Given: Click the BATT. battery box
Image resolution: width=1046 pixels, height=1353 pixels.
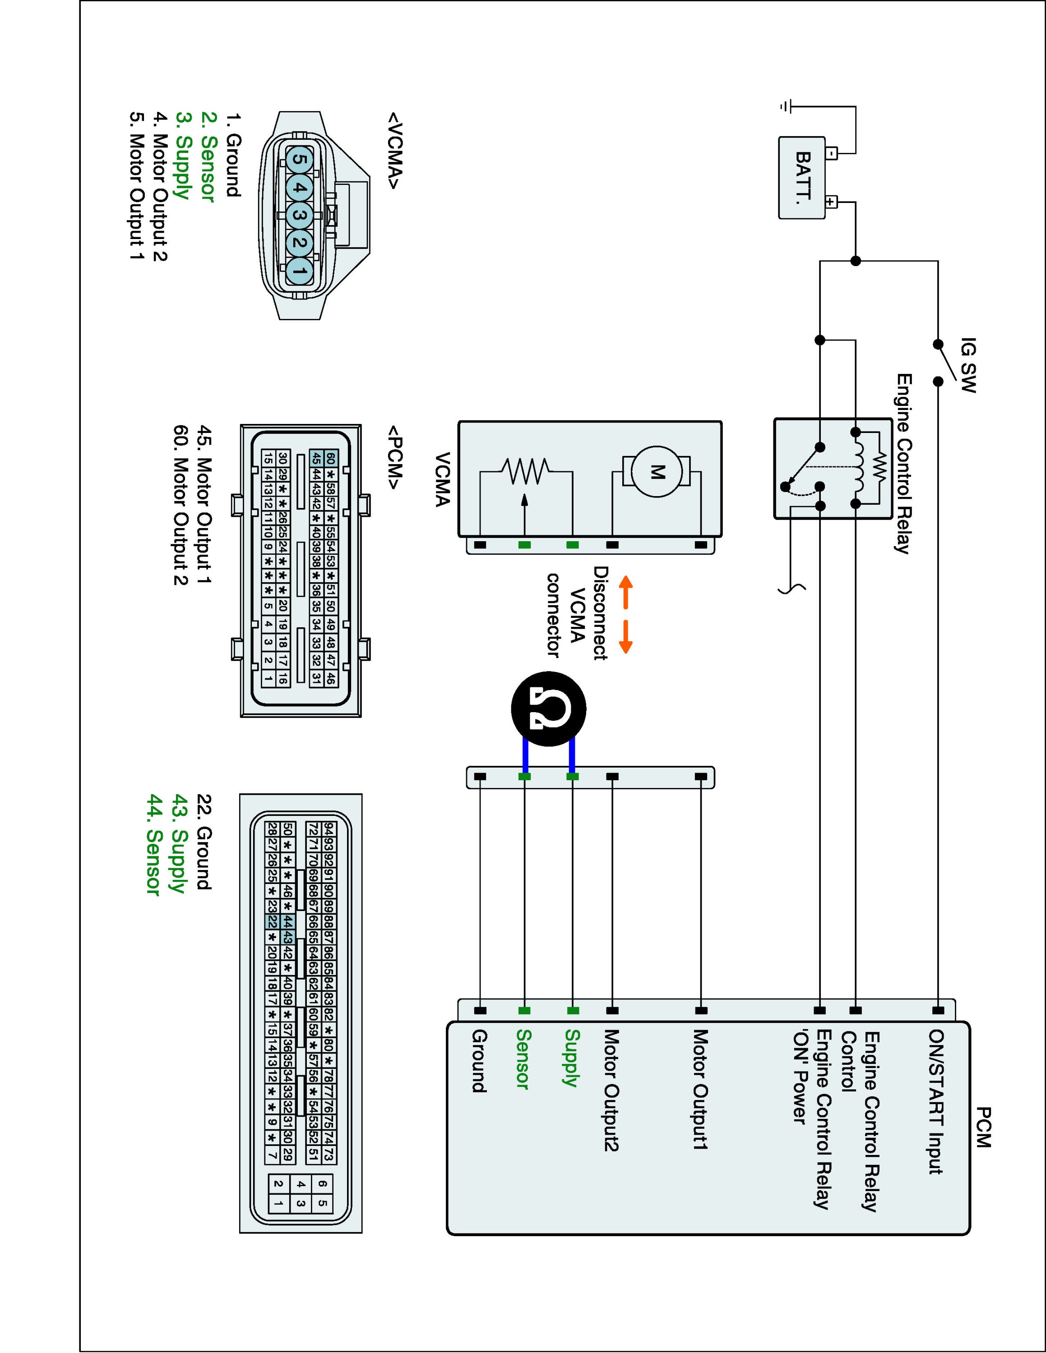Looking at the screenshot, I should tap(802, 178).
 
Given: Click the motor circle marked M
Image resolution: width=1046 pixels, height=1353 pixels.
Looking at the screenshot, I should tap(656, 473).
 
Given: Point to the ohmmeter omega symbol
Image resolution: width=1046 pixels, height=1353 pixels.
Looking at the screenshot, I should tap(548, 709).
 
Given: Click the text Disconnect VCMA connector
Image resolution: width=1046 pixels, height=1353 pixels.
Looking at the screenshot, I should tap(576, 612).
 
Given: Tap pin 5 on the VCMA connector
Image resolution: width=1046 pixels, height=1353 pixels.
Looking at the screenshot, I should tap(299, 160).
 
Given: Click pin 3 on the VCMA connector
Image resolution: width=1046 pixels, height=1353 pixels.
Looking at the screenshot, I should tap(299, 216).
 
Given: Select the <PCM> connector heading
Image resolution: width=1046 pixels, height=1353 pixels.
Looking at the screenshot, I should tap(395, 456).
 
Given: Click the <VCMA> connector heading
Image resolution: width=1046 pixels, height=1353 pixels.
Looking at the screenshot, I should tap(395, 151).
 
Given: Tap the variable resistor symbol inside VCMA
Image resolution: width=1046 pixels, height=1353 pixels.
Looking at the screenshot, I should tap(525, 472).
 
